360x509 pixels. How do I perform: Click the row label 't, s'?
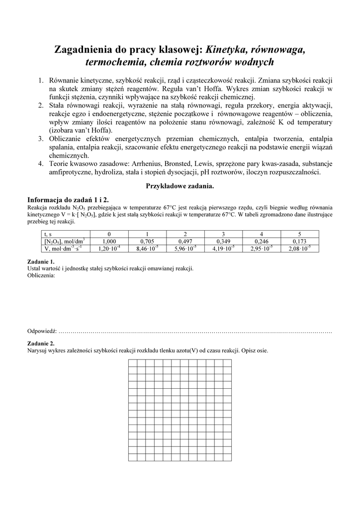(49, 234)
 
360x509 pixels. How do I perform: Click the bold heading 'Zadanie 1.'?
(40, 261)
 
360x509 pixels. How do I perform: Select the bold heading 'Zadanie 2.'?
(40, 343)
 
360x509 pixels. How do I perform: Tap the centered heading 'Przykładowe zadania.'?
(180, 185)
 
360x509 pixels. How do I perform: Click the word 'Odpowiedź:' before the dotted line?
(42, 331)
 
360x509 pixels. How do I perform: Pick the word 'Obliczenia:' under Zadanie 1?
(41, 275)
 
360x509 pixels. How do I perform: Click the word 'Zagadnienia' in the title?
(85, 50)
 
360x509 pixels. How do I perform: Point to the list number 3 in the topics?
(41, 138)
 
